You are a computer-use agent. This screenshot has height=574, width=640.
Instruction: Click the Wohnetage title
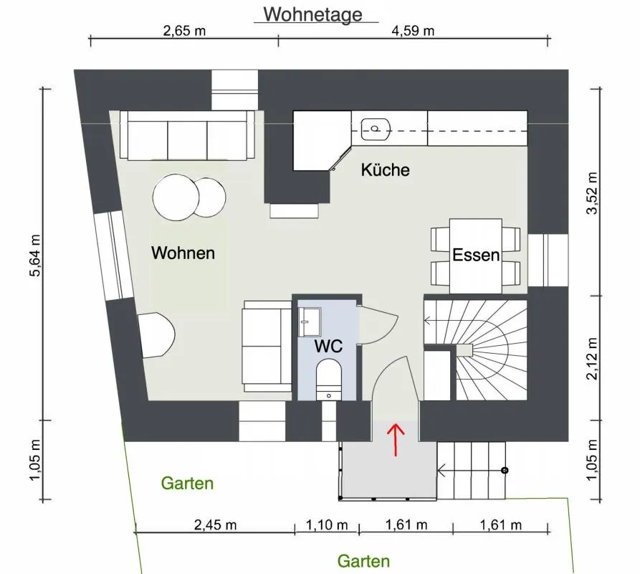click(x=312, y=14)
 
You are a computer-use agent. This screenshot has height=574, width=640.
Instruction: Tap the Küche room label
click(x=385, y=170)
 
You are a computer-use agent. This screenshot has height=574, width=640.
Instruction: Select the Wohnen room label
click(x=183, y=253)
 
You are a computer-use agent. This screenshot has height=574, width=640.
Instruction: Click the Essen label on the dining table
click(x=476, y=255)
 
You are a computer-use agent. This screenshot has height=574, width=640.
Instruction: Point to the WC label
click(x=328, y=346)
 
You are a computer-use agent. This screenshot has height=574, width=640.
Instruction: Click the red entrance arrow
click(x=395, y=439)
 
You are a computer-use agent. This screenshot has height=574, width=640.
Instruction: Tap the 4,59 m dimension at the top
click(x=413, y=31)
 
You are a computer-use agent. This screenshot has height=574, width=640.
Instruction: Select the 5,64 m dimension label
click(x=35, y=255)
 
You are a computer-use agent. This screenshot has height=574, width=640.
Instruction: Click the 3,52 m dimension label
click(x=592, y=193)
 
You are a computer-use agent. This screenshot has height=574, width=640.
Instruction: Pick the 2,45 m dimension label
click(x=215, y=524)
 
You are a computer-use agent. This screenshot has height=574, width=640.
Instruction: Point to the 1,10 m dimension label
click(x=327, y=524)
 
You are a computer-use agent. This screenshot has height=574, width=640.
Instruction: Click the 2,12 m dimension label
click(x=592, y=359)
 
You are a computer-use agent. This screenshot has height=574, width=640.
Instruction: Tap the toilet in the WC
click(x=329, y=379)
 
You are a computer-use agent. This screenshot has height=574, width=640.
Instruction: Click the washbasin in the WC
click(x=310, y=322)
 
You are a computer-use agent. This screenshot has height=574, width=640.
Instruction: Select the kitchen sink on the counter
click(x=376, y=129)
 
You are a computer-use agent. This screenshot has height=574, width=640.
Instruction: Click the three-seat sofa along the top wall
click(x=187, y=135)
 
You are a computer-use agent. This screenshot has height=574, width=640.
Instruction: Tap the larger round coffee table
click(x=176, y=198)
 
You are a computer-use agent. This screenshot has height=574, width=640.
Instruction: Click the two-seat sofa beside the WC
click(x=267, y=347)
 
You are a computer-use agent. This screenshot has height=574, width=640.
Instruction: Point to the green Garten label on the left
click(x=187, y=484)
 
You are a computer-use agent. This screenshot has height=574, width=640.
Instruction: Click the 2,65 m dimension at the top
click(x=184, y=31)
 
